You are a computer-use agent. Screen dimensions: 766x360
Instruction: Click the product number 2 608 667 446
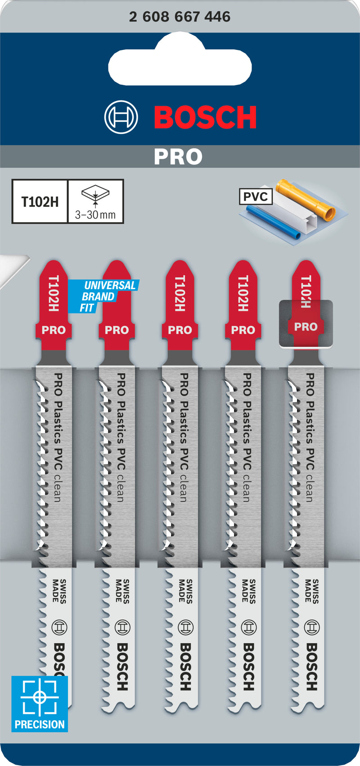click(x=180, y=17)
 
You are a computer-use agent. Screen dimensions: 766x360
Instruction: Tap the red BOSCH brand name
click(x=205, y=118)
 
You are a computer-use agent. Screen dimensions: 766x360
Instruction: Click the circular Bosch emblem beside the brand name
click(x=121, y=117)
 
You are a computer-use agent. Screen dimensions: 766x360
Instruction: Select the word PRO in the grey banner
click(x=178, y=157)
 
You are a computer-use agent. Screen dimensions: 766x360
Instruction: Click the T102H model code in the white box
click(x=40, y=202)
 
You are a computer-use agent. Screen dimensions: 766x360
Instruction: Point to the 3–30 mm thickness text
click(x=95, y=215)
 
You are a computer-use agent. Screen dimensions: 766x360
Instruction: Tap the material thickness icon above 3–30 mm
click(x=95, y=195)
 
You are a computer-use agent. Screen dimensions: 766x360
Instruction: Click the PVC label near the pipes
click(x=255, y=197)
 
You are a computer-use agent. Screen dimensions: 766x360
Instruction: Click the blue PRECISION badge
click(x=40, y=703)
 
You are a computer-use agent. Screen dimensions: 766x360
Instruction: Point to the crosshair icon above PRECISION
click(x=40, y=697)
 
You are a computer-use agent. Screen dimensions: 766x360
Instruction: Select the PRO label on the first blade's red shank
click(x=54, y=330)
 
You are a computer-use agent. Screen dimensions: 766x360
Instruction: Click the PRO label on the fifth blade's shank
click(x=306, y=327)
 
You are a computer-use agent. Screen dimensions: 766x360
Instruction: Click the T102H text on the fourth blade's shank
click(x=243, y=293)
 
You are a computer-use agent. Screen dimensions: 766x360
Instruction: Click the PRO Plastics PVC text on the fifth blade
click(x=310, y=422)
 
